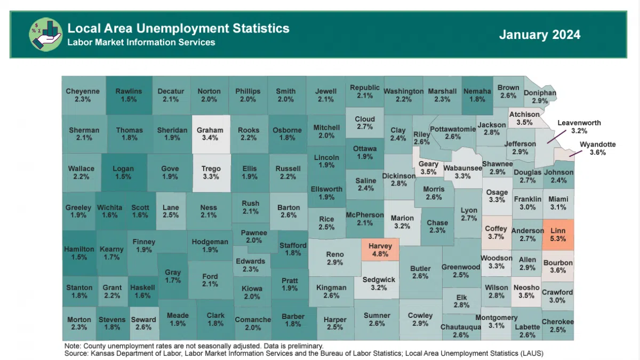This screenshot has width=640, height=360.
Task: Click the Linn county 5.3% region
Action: point(557,235)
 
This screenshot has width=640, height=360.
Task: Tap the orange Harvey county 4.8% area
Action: point(380,250)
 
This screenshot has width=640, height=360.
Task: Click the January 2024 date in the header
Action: point(540,35)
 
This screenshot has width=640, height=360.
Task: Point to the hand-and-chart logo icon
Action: point(45,35)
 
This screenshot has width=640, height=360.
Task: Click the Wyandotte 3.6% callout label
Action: point(597,148)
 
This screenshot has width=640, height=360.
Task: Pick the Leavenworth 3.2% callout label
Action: point(579,126)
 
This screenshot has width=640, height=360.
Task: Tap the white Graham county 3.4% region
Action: point(210,133)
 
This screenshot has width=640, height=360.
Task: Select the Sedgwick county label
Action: point(379,284)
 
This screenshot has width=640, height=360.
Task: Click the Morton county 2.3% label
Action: point(79,324)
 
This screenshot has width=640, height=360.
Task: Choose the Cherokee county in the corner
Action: point(557,325)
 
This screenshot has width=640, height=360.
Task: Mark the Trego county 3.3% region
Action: point(211,172)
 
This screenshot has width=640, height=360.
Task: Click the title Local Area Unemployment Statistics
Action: point(178,28)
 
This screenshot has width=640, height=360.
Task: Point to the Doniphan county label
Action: point(540,97)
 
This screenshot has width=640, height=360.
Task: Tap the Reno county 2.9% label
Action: point(335,259)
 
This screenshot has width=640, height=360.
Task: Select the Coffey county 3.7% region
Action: point(495,233)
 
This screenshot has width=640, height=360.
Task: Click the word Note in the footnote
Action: point(72,346)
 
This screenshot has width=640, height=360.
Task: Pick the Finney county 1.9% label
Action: point(143,245)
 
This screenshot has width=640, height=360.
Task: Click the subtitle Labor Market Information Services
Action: point(141,42)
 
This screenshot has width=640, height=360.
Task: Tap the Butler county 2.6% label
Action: point(420,272)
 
